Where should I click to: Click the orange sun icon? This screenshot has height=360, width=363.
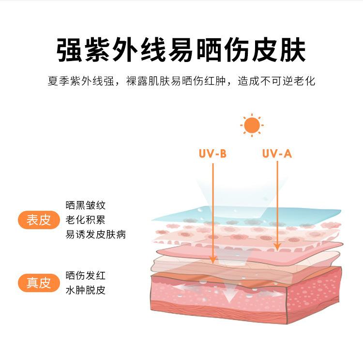tap(252, 125)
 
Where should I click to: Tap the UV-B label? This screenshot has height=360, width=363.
tap(212, 154)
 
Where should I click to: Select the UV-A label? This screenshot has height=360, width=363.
tap(277, 154)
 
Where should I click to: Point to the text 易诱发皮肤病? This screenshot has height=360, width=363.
tap(95, 235)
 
